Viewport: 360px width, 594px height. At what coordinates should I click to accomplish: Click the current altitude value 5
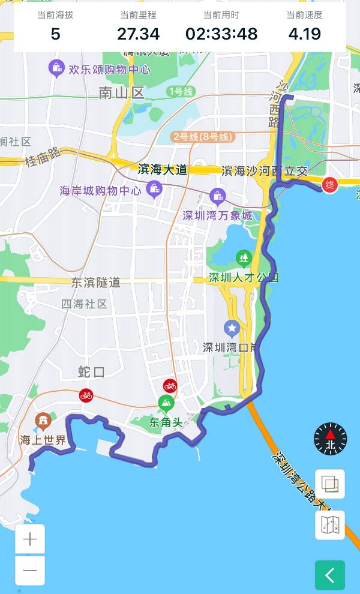[55, 34]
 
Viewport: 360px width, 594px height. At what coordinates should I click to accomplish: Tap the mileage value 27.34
[138, 34]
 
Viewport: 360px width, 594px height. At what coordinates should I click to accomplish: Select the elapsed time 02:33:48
[221, 34]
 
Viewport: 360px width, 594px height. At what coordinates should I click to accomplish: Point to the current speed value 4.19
[304, 34]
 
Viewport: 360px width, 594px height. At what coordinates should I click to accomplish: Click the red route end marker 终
[329, 185]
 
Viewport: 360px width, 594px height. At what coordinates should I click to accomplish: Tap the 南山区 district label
[122, 92]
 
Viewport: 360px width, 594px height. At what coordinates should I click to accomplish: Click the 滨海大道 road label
[162, 170]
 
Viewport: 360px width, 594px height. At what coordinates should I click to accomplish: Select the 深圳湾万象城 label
[218, 215]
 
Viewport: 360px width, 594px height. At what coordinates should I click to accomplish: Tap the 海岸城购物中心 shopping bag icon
[155, 190]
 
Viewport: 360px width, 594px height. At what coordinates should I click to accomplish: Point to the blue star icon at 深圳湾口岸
[232, 328]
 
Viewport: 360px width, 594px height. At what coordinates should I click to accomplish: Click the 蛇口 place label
[91, 372]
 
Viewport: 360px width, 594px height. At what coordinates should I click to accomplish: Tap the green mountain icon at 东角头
[166, 403]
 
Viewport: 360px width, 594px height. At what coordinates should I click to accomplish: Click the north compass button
[330, 439]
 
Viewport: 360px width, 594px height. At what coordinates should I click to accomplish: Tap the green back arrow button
[330, 575]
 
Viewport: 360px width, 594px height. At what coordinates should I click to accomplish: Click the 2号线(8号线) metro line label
[203, 137]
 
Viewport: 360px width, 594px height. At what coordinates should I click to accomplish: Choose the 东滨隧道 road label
[95, 283]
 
